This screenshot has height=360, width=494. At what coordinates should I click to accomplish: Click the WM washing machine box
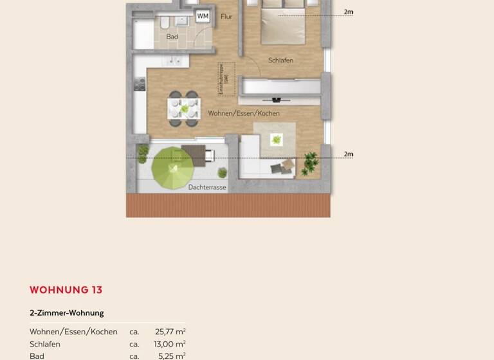tap(203, 16)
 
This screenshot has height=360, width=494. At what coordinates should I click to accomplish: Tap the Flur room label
tap(226, 17)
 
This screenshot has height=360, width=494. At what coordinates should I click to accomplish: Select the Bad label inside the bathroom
tap(172, 37)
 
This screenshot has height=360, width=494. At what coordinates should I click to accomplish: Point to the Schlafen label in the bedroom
tap(280, 60)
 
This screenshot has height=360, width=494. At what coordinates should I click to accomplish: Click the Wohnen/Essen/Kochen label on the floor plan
tap(243, 113)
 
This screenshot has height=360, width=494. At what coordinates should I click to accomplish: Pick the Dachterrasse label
tap(207, 187)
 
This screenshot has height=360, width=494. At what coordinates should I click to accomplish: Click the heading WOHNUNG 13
tap(66, 290)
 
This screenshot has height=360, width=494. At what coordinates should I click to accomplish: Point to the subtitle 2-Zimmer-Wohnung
tap(66, 313)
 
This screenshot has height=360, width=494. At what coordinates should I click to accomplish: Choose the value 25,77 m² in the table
tap(170, 332)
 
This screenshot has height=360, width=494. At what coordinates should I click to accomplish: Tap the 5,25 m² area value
tap(172, 355)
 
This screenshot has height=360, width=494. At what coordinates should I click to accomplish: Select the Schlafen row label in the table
tap(45, 344)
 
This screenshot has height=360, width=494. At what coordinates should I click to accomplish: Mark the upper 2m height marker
tap(348, 12)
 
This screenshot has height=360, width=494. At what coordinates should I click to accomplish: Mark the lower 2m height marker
tap(348, 154)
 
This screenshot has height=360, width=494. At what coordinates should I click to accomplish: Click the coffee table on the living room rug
tap(277, 139)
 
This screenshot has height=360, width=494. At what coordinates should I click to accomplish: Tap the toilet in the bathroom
tap(165, 24)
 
